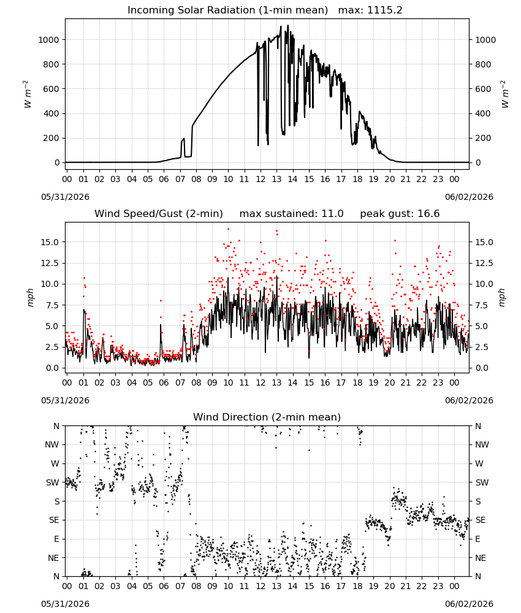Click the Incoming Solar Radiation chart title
pos(228,10)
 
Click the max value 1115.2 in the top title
pos(384,10)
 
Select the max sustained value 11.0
pos(332,213)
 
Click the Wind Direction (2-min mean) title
pos(267,417)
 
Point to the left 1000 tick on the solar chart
pos(48,40)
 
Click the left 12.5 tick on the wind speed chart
pos(50,263)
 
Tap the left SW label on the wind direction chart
pos(53,482)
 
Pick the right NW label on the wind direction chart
pos(482,445)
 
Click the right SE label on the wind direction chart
pos(481,520)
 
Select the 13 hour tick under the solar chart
pos(276,179)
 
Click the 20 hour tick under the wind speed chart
pos(390,383)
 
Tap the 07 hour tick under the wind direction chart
pos(180,586)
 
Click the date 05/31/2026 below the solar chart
pos(65,197)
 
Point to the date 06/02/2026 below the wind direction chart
pos(469,604)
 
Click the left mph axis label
pos(31,297)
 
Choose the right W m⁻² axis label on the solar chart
pos(504,94)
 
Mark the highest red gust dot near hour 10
pos(228,229)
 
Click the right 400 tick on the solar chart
pos(483,113)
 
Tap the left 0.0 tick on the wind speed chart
pos(53,368)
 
